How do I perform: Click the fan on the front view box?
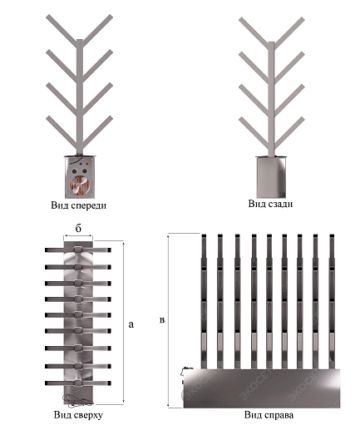click(x=79, y=185)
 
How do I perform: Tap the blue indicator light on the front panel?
click(x=81, y=164)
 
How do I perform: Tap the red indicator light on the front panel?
click(x=86, y=164)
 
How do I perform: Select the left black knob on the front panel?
click(x=74, y=171)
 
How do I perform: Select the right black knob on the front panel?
click(x=84, y=171)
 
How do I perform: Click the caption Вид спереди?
click(x=78, y=205)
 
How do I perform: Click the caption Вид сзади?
click(x=270, y=204)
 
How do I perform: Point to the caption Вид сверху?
click(x=78, y=415)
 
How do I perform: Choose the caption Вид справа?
click(x=269, y=415)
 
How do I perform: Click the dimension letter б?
click(x=78, y=229)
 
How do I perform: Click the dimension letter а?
click(x=131, y=324)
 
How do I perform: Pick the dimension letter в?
click(x=162, y=320)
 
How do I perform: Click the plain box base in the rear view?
click(x=271, y=177)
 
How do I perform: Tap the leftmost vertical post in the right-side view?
click(x=204, y=302)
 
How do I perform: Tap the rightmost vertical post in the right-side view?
click(x=332, y=302)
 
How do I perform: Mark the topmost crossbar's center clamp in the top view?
click(x=78, y=250)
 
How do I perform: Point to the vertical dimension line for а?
click(x=123, y=323)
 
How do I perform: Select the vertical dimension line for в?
click(x=168, y=321)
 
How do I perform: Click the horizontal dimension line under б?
click(x=78, y=236)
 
